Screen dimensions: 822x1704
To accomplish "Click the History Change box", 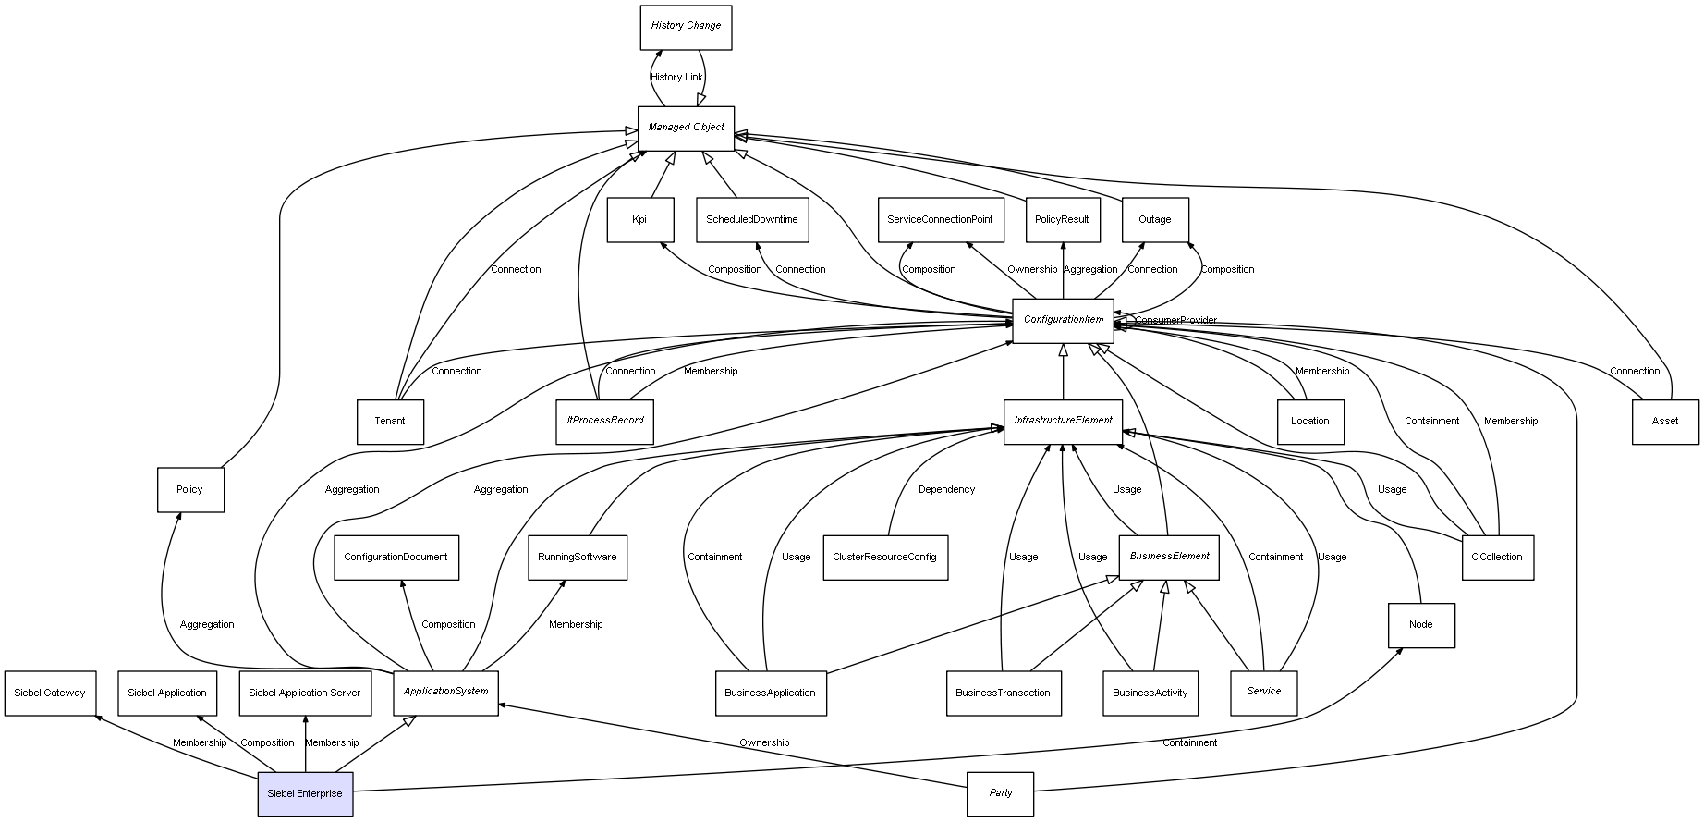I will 686,27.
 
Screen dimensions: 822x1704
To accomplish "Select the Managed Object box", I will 686,128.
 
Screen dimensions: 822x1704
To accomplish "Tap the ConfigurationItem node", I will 1063,320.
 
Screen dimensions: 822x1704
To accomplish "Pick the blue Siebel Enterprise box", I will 305,794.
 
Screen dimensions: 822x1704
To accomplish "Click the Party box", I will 1000,793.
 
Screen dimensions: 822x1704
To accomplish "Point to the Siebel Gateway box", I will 50,693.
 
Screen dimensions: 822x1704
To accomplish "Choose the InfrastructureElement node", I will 1063,421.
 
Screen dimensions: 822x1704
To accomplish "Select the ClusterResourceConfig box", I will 884,558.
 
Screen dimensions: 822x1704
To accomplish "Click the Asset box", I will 1664,422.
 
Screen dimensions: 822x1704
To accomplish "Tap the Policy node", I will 189,490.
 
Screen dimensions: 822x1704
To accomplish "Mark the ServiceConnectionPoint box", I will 940,220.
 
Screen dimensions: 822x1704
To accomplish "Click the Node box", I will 1420,625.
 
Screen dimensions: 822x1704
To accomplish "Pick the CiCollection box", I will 1496,558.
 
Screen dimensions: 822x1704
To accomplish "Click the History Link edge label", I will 676,78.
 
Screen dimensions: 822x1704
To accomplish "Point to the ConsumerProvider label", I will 1175,321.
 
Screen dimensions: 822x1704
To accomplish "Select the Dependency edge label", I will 946,490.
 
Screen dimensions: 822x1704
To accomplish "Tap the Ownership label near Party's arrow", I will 764,743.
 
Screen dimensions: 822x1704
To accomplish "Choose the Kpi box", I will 639,220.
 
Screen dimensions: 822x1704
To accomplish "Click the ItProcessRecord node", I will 604,421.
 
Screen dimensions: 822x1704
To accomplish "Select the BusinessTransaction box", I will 1003,693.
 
